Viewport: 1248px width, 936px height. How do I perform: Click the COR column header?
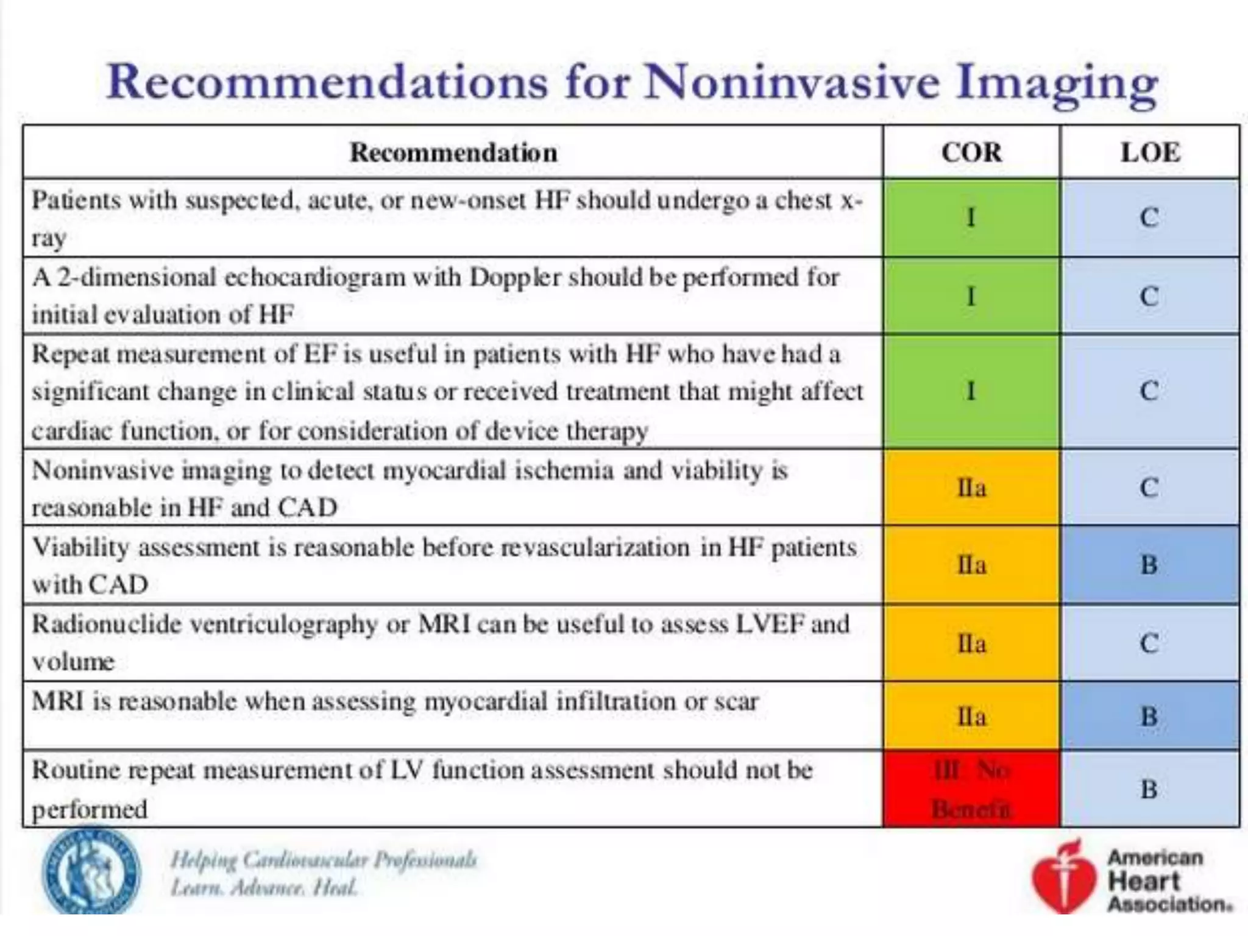[971, 152]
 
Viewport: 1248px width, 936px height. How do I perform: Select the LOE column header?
[1150, 152]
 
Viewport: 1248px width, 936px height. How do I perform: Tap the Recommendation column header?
[453, 152]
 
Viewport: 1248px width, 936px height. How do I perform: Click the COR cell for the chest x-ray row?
[971, 218]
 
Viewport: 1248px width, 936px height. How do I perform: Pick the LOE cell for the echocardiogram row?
[1150, 296]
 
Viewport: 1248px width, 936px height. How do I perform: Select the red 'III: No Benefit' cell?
[971, 790]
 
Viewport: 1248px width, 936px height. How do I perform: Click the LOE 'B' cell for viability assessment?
[1150, 565]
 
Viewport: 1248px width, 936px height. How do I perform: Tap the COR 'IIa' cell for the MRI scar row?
[971, 716]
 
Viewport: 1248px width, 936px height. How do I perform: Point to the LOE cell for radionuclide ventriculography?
[1150, 643]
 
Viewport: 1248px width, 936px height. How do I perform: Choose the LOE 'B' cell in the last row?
[1150, 790]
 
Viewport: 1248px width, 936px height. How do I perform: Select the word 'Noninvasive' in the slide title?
[792, 82]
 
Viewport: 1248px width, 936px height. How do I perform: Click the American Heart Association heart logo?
[1062, 877]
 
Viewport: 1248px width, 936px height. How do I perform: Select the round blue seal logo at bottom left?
[91, 871]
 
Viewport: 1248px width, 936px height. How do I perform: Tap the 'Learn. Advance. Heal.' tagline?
[264, 888]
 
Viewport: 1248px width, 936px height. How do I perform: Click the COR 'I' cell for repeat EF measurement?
[971, 391]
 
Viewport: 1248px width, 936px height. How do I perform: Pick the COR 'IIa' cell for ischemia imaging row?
[971, 488]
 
